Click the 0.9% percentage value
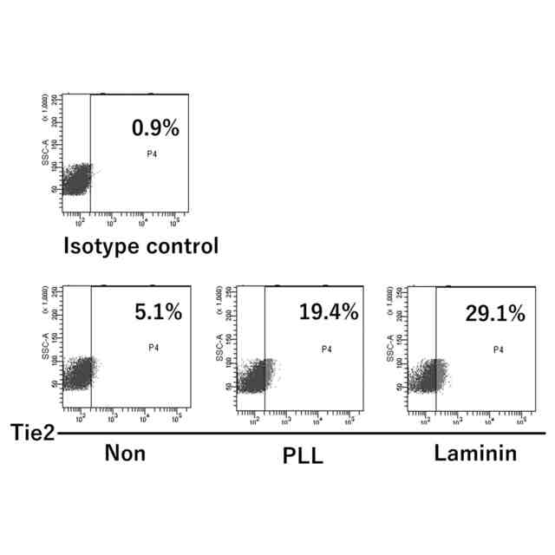point(155,129)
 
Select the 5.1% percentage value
point(159,312)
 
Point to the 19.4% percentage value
point(329,313)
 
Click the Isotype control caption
point(140,245)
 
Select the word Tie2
point(28,431)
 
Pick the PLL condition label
point(303,455)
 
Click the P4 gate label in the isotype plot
point(151,154)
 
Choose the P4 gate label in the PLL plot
point(327,350)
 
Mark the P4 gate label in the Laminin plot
point(499,350)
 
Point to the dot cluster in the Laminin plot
point(426,375)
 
